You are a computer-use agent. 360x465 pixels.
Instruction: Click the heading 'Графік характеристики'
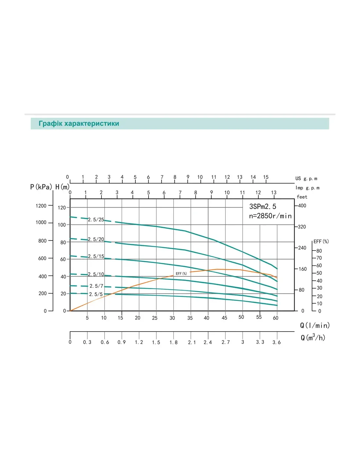[79, 124]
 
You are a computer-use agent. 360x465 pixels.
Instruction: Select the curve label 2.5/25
[96, 220]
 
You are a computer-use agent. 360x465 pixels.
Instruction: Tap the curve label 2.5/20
[96, 239]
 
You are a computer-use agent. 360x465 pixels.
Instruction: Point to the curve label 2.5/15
[96, 256]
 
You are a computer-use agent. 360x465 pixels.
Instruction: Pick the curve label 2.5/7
[96, 286]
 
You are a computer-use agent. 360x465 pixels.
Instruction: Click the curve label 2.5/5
[96, 294]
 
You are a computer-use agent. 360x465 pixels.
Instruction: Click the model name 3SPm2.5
[262, 207]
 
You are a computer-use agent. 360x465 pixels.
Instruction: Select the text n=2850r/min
[270, 216]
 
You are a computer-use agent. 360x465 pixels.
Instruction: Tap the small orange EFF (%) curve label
[181, 274]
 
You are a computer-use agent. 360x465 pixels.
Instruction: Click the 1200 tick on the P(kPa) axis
[41, 206]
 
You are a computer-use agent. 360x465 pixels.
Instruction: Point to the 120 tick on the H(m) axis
[62, 208]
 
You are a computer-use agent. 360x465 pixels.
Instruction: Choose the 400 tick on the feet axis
[302, 206]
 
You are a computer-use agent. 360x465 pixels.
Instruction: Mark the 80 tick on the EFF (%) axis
[319, 251]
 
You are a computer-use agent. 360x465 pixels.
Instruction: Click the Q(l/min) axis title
[315, 325]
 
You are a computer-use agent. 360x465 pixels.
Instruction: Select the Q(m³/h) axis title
[313, 337]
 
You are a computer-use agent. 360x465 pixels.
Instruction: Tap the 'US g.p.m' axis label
[306, 179]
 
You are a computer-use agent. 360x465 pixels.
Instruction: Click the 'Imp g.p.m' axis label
[307, 188]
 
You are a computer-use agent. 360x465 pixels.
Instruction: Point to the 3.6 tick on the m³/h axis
[277, 342]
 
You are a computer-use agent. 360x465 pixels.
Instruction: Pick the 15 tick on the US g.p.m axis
[266, 177]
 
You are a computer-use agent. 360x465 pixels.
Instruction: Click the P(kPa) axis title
[41, 187]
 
